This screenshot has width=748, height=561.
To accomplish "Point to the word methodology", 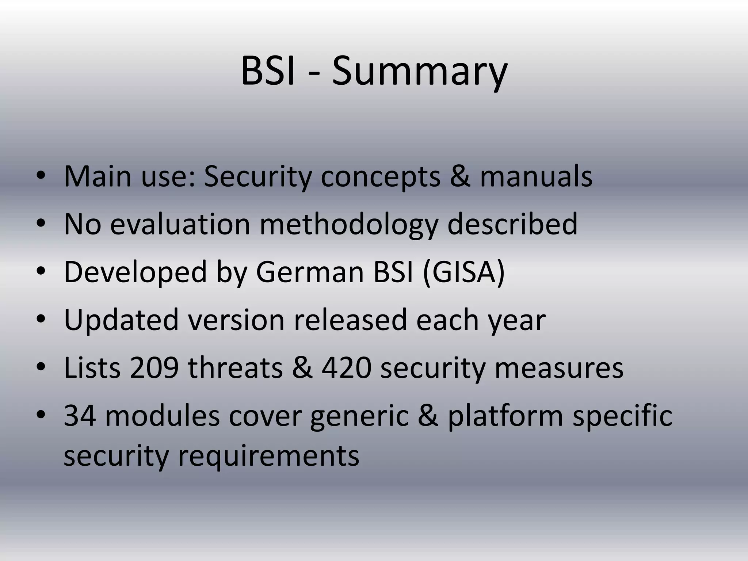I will click(x=348, y=225).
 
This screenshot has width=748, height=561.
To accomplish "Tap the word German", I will click(x=310, y=272).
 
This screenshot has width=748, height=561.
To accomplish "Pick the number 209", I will click(x=154, y=368).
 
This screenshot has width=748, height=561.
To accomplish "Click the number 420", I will click(x=346, y=368).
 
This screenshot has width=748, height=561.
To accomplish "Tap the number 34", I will click(x=80, y=416).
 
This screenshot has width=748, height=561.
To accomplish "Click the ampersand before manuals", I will click(x=460, y=177).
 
